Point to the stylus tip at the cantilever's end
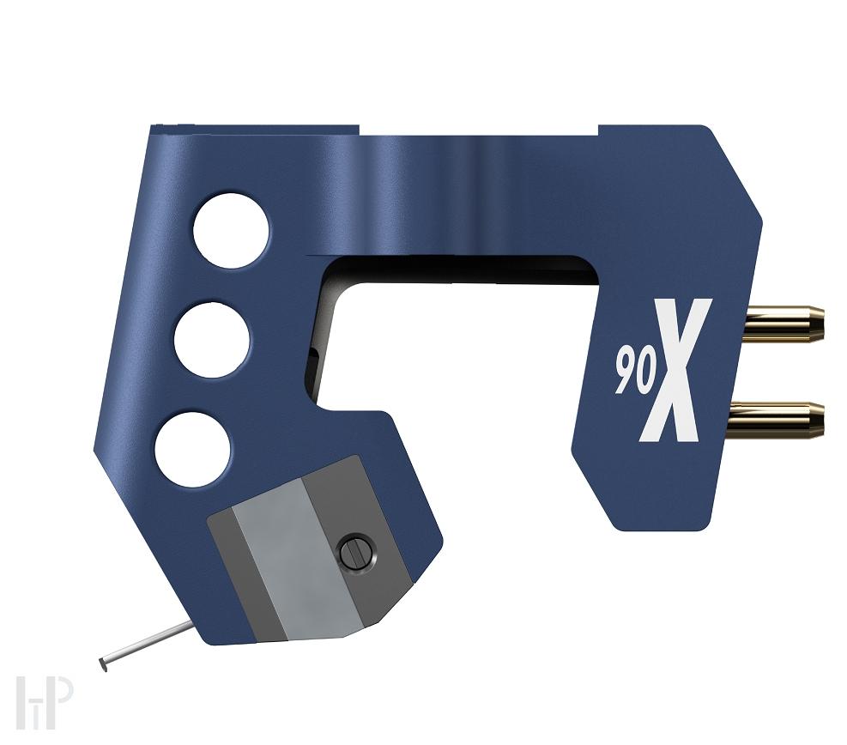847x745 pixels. [x=103, y=663]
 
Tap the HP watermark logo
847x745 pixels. [x=43, y=702]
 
